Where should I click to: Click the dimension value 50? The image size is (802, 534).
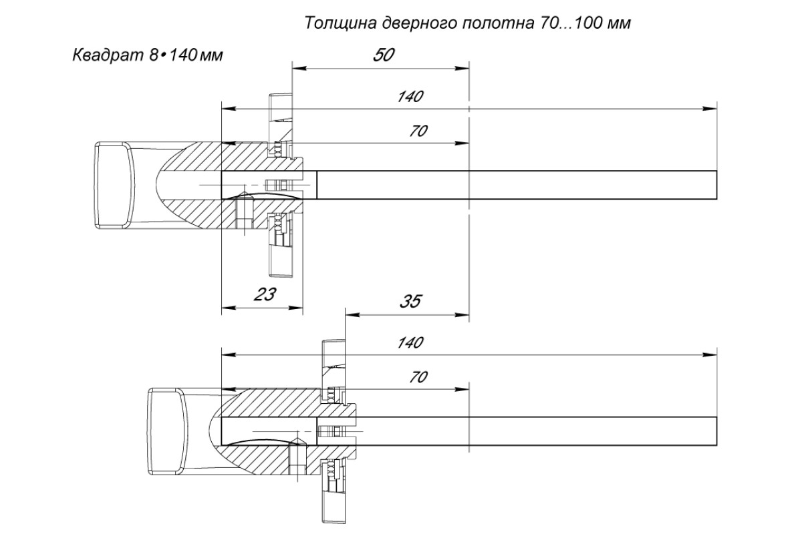tap(384, 55)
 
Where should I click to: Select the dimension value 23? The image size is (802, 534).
tap(265, 295)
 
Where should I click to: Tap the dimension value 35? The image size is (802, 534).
tap(410, 302)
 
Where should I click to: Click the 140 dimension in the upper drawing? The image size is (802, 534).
tap(410, 97)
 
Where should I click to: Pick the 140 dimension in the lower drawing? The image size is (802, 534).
tap(410, 342)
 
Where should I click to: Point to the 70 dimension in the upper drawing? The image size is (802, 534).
tap(418, 131)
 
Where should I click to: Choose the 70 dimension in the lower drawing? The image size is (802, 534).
tap(418, 377)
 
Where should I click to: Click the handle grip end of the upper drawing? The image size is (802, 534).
tap(114, 186)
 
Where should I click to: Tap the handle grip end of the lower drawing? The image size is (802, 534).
tap(167, 431)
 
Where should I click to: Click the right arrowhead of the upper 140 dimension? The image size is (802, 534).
tap(710, 109)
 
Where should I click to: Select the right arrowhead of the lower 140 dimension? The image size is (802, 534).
tap(710, 355)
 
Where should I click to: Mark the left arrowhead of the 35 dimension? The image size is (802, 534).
tap(352, 315)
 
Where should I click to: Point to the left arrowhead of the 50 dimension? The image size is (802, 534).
tap(299, 68)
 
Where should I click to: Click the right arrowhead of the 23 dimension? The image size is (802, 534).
tap(295, 308)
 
